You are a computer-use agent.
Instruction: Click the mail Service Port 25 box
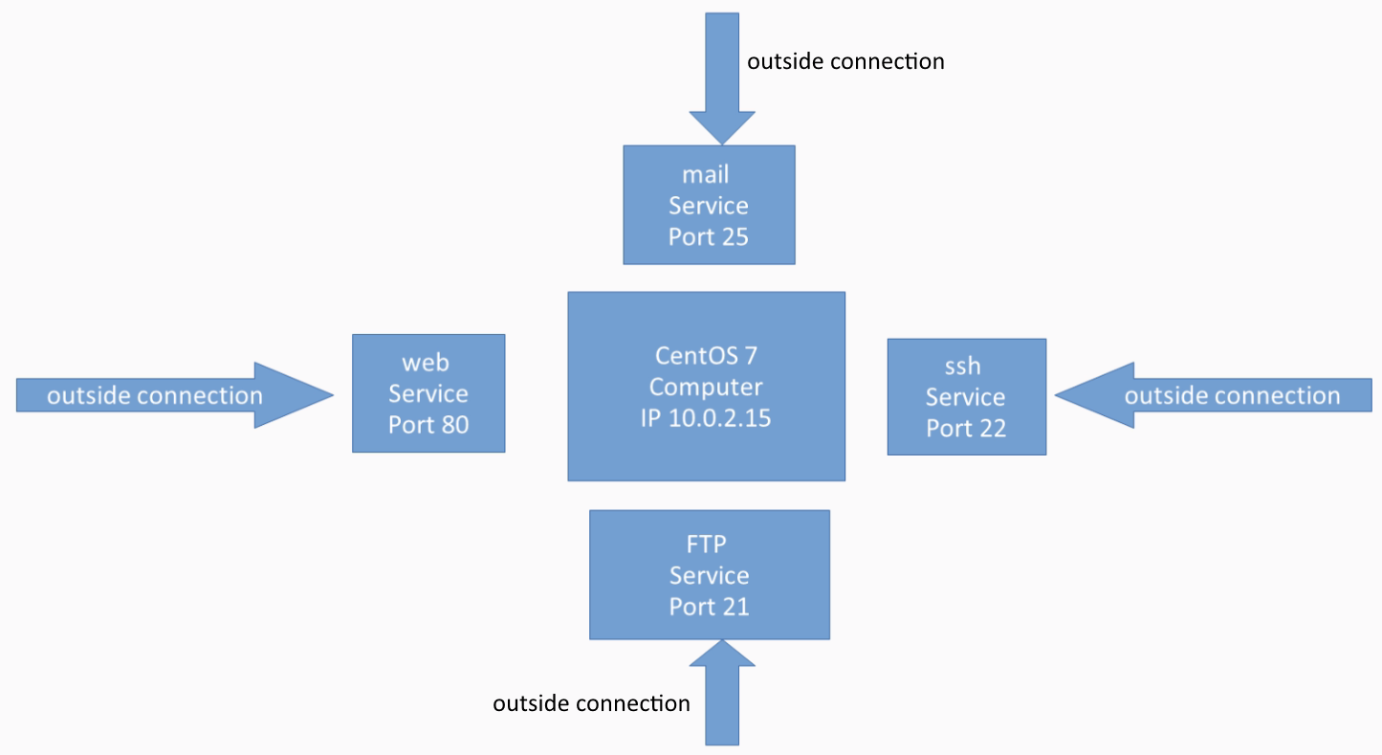pos(709,205)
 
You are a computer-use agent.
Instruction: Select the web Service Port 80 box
pos(428,393)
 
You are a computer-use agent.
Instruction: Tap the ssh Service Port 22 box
pos(967,397)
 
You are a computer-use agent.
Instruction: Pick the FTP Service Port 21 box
pos(710,575)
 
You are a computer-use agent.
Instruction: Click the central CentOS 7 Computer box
pos(707,387)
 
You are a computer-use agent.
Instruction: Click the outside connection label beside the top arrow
pos(845,62)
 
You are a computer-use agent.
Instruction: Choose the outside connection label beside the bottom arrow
pos(591,703)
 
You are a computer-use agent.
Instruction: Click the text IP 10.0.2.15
pos(706,418)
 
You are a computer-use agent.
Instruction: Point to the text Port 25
pos(709,237)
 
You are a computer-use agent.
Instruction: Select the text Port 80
pos(428,425)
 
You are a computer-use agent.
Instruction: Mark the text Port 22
pos(966,429)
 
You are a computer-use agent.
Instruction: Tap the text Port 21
pos(710,607)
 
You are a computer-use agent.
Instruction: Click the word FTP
pos(707,544)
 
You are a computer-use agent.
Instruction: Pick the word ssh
pos(962,366)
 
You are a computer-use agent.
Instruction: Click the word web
pos(426,363)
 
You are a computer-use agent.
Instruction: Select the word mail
pos(706,175)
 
